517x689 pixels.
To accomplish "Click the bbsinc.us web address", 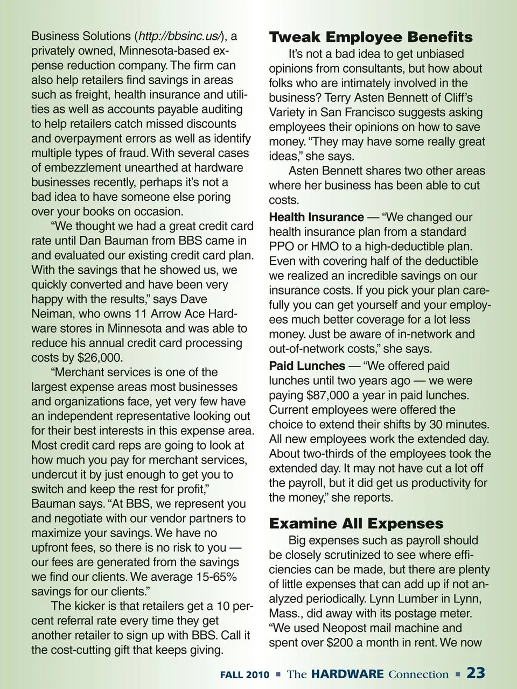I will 180,37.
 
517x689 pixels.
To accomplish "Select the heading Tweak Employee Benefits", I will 371,37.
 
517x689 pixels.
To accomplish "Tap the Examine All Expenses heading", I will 356,523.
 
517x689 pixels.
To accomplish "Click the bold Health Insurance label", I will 316,217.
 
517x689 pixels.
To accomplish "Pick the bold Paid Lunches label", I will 307,366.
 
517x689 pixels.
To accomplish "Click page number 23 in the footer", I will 476,673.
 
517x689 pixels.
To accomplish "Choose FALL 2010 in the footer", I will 244,674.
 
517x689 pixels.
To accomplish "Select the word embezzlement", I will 85,168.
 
